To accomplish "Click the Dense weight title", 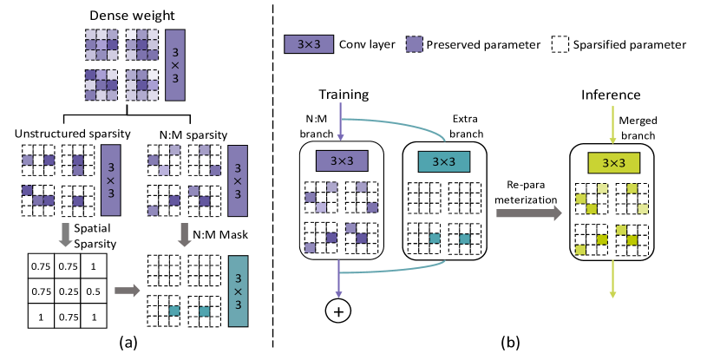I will (134, 14).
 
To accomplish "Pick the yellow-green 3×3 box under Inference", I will (612, 161).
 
